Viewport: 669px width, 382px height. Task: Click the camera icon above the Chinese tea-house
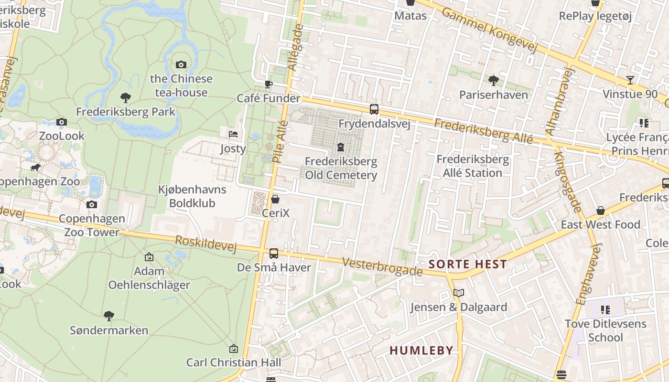[181, 64]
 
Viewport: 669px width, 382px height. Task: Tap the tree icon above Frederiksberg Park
[126, 98]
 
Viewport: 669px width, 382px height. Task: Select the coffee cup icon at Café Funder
[269, 85]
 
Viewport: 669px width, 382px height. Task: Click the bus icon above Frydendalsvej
[374, 109]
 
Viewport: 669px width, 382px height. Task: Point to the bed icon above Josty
[233, 134]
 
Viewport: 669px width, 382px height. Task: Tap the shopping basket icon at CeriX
[275, 199]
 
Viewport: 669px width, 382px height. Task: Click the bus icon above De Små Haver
[274, 254]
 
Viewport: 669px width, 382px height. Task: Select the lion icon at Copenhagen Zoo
[35, 168]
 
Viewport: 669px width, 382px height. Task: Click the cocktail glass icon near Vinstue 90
[630, 80]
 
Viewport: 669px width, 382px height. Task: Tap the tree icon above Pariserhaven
[494, 80]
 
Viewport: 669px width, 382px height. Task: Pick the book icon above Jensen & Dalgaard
[459, 293]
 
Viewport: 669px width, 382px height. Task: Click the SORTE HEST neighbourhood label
[467, 264]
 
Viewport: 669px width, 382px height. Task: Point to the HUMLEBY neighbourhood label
[421, 350]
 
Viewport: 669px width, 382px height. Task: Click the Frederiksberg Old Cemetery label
[341, 168]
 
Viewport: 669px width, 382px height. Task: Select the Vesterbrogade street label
[383, 266]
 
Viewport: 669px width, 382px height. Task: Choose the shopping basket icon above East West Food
[601, 211]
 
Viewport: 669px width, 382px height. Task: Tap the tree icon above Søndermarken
[109, 316]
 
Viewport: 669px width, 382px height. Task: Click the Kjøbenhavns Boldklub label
[192, 196]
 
